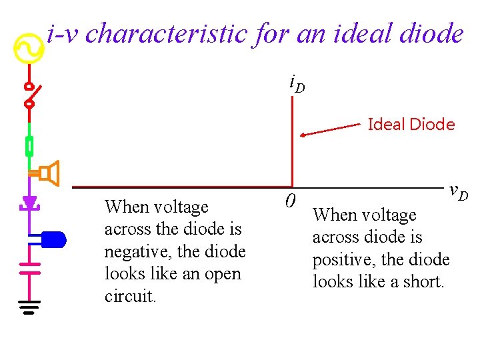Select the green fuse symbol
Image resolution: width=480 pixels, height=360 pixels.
tap(29, 145)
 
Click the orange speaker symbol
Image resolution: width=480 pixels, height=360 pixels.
tap(48, 174)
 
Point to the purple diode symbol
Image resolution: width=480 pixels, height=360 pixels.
tap(29, 202)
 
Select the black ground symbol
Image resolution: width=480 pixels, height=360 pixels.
tap(29, 307)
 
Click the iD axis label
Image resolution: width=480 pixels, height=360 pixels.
tap(297, 84)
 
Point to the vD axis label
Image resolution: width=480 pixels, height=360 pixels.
tap(458, 192)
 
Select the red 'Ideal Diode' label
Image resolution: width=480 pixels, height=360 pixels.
tap(411, 125)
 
